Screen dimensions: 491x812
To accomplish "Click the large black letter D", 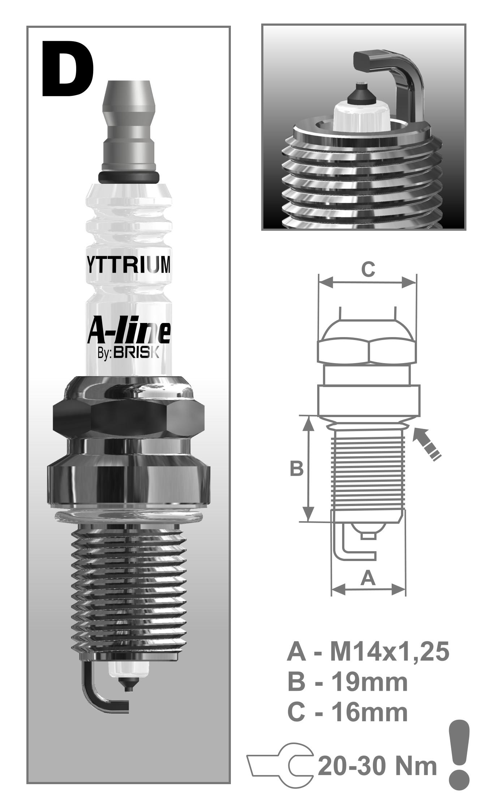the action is coord(67,68).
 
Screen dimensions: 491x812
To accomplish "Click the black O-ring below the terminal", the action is coord(129,177).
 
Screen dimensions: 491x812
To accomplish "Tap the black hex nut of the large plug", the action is coord(129,418).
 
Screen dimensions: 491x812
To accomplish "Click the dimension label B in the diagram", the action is coord(297,469).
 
